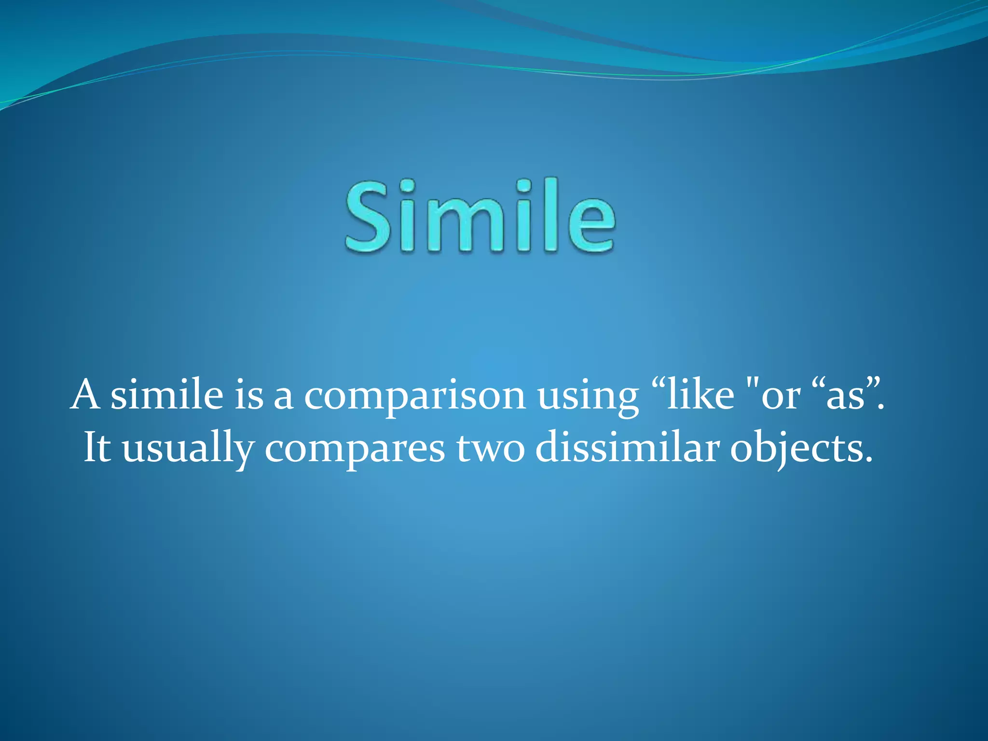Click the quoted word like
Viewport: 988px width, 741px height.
pos(700,395)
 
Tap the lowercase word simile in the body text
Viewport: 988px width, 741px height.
pos(167,395)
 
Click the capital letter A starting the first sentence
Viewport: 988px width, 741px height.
pos(85,395)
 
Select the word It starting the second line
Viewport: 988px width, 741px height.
pos(97,448)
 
